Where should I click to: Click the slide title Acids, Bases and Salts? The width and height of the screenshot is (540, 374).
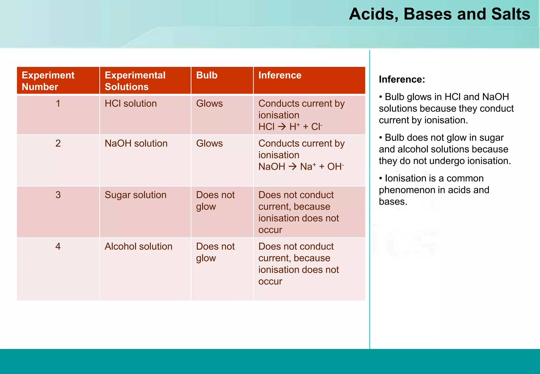[439, 14]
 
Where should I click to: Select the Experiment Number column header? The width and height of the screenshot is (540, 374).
[48, 81]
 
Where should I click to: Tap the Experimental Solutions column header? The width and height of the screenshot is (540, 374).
[135, 81]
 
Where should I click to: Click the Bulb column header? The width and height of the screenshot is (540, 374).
[207, 75]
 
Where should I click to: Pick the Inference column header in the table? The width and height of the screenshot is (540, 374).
[280, 75]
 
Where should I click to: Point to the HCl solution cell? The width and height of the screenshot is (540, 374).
[131, 103]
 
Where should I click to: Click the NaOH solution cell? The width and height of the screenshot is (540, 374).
[136, 143]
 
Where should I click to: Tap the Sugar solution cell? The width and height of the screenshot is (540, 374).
[135, 195]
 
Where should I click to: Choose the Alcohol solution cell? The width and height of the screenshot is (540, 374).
[138, 246]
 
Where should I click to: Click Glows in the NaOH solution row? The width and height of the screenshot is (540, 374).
[209, 143]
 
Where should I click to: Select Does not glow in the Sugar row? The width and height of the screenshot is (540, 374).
[215, 200]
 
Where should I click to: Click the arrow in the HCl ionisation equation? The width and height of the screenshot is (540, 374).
[282, 127]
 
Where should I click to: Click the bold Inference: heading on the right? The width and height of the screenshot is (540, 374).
[402, 79]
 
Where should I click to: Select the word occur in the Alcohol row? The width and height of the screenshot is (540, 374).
[270, 281]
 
